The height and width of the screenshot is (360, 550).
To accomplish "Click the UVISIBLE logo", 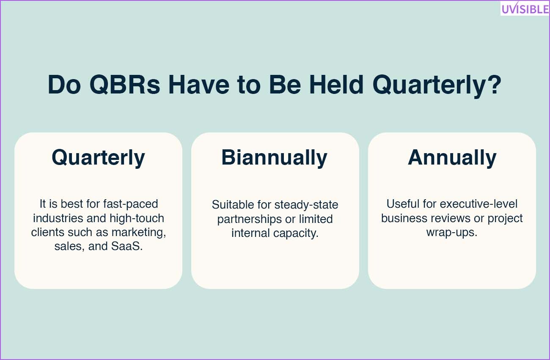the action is click(525, 8).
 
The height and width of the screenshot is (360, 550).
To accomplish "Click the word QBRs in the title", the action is click(125, 85).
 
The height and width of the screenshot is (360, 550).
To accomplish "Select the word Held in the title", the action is click(336, 84).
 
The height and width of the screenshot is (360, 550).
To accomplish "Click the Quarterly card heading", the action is click(98, 158).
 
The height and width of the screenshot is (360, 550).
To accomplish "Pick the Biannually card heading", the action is click(274, 158).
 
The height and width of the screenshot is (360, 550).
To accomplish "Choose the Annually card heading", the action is click(452, 158).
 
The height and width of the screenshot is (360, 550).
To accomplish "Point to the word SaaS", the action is click(126, 246).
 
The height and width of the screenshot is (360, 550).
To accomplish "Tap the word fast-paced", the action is click(130, 204).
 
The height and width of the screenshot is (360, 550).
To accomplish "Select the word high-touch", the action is click(137, 218).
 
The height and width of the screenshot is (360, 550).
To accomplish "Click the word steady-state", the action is click(306, 205).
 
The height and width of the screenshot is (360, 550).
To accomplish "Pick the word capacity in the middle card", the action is click(296, 233).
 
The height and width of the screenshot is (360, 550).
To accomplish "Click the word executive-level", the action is click(478, 204).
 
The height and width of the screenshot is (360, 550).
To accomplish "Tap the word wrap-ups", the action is click(452, 232).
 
